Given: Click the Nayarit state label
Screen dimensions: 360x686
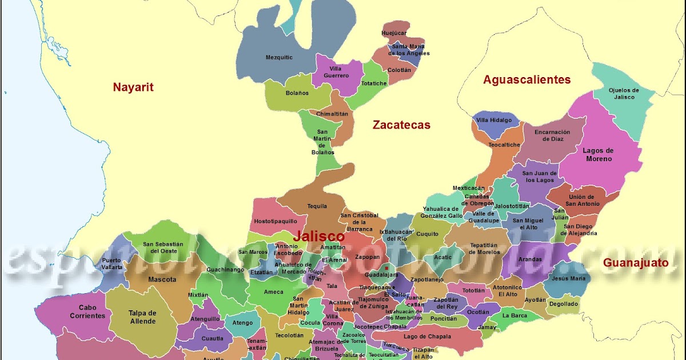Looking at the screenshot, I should point(133,87).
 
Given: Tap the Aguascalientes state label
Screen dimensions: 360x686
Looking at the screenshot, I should point(527,79).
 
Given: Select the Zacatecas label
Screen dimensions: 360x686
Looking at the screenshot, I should point(401,125).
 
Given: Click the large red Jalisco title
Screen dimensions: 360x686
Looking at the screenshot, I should point(319,236).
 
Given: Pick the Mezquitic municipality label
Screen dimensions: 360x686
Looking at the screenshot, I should point(279,57).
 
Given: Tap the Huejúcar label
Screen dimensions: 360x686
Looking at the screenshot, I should point(393,33).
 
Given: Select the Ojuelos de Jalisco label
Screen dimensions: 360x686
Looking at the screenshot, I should point(624,93).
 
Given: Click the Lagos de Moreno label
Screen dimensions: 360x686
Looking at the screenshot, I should point(598,154).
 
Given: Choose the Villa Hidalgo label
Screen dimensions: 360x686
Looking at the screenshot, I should point(494,121).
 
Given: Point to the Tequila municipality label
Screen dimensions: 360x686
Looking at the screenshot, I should point(317,206).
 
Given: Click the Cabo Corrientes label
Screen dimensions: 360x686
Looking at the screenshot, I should point(87,311).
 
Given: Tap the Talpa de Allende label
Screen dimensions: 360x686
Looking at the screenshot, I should point(143,317).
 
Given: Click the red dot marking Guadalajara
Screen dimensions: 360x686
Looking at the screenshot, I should point(387,267).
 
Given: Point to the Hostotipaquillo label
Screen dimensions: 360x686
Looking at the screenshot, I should point(276,221).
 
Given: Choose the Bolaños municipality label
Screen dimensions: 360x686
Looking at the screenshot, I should point(297,93).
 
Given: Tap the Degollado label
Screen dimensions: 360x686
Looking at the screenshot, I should point(564,304).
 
